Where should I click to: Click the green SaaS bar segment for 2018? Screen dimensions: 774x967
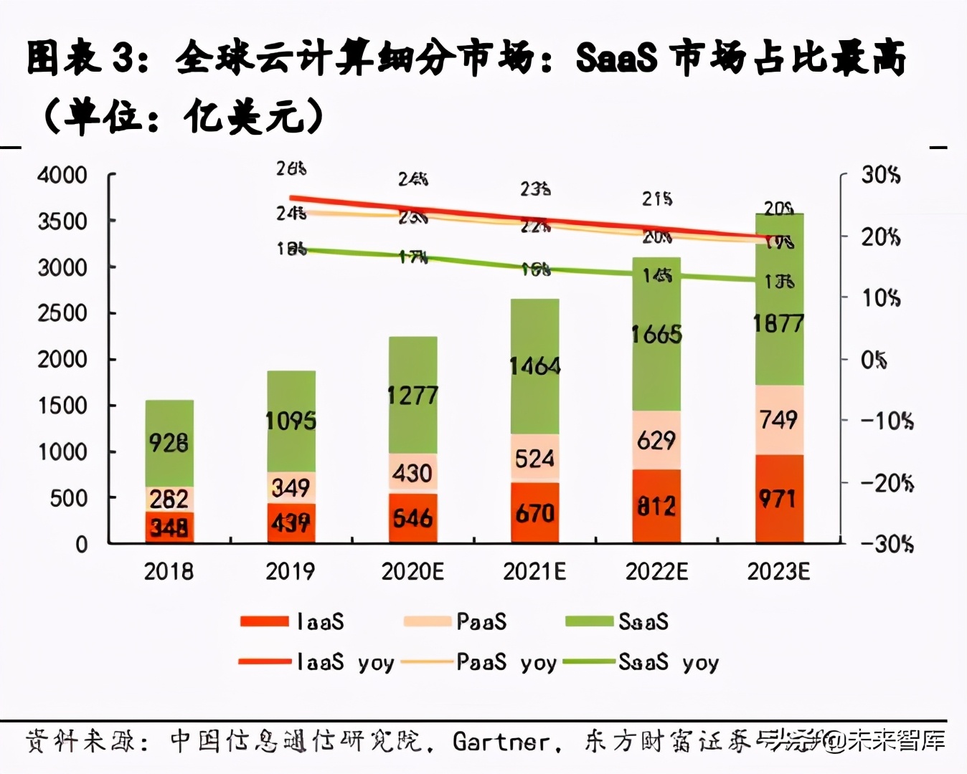click(169, 443)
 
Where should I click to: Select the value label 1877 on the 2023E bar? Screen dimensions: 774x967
click(778, 324)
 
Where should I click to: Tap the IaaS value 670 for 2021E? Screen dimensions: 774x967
click(534, 513)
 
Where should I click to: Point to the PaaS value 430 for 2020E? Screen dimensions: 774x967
click(412, 473)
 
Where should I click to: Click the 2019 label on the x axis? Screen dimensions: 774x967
click(290, 571)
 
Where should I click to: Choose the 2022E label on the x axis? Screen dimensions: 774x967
click(656, 571)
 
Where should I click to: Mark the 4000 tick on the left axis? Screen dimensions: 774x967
click(62, 175)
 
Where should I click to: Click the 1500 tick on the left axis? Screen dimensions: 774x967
click(62, 406)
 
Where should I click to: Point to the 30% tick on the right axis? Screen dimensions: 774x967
click(881, 175)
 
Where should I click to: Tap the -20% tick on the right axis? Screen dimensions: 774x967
click(887, 483)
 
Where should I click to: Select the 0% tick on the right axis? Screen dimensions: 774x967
click(874, 360)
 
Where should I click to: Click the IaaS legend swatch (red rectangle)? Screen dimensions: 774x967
click(264, 621)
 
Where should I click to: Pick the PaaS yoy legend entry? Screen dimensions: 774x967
click(479, 662)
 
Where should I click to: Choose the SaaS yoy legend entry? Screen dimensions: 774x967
click(641, 662)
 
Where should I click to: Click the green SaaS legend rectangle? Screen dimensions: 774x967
click(589, 621)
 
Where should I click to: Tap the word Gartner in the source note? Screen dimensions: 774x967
click(501, 742)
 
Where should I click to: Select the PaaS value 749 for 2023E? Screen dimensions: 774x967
click(778, 419)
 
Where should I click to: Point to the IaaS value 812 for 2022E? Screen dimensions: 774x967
click(656, 507)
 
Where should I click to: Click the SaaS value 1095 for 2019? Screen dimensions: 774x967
click(291, 421)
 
